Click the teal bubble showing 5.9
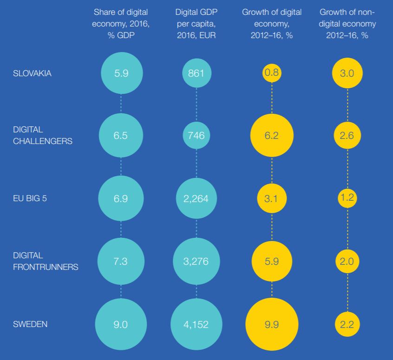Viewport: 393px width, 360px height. (121, 73)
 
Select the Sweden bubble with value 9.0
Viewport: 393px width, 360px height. (121, 324)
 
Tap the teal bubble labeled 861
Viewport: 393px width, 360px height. (196, 73)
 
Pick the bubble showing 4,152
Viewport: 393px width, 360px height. (196, 324)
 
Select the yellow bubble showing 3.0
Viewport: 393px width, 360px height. (347, 73)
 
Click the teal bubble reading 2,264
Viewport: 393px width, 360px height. (196, 198)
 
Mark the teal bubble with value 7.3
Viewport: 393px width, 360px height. (121, 261)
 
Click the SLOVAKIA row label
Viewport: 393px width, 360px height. (32, 73)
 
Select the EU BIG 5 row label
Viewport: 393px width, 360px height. (30, 198)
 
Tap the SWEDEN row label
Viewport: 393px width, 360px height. (30, 324)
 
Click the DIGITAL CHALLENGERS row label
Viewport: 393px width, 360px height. (42, 135)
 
